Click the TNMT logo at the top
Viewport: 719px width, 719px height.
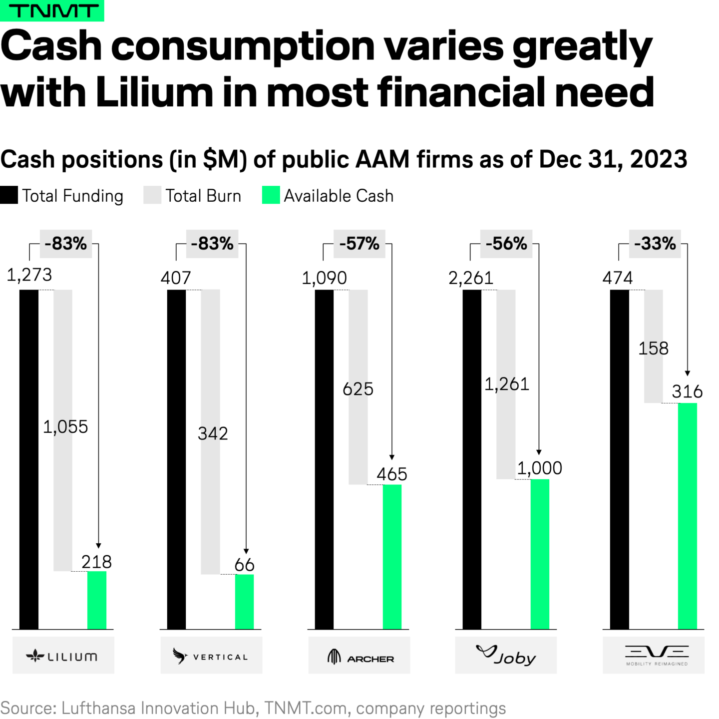(x=52, y=10)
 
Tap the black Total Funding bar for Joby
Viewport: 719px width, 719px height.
(x=472, y=459)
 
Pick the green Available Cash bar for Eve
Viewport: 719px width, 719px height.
(x=687, y=516)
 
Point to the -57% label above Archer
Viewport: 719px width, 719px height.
(x=359, y=244)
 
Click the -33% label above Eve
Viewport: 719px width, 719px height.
(x=655, y=244)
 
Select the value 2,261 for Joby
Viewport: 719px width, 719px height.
(x=470, y=278)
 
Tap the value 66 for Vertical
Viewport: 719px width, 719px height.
(x=244, y=565)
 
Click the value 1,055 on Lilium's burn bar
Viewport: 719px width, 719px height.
(x=65, y=427)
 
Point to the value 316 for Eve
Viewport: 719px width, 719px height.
(x=687, y=391)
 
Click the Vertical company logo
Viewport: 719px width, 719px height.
(x=211, y=656)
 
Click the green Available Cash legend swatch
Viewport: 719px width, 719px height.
(x=271, y=195)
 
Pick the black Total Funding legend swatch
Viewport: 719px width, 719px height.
(x=9, y=195)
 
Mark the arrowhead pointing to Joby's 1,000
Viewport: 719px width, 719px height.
(x=539, y=452)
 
